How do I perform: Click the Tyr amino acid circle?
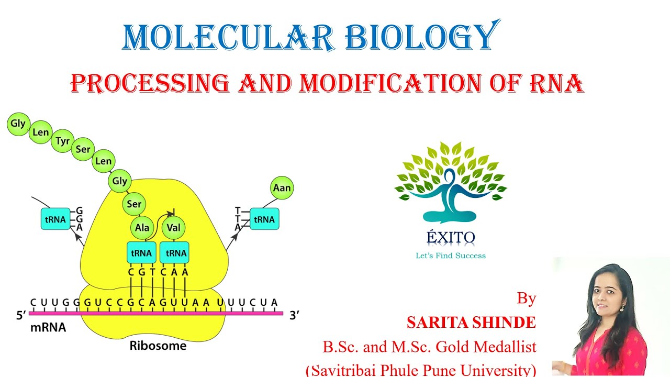point(62,141)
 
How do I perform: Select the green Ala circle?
point(142,228)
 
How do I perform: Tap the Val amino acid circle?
point(174,228)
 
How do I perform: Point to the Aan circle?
point(282,187)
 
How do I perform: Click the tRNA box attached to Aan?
point(264,219)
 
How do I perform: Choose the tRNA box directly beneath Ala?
point(141,253)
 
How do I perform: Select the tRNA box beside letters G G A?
point(55,219)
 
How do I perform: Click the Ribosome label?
point(158,346)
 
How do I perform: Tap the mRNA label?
point(48,328)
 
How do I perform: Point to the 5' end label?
point(21,316)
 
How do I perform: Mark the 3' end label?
point(295,315)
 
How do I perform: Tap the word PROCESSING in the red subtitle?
point(150,83)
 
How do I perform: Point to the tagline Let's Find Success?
point(450,256)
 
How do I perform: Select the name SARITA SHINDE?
point(471,323)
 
